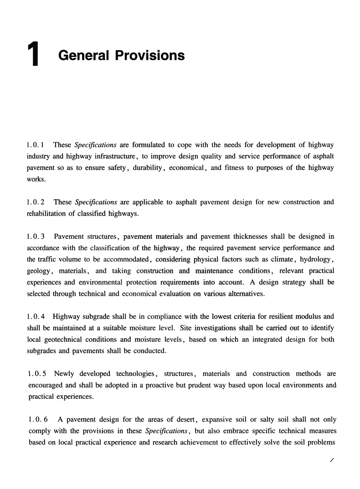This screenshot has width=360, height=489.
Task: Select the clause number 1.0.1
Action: point(36,145)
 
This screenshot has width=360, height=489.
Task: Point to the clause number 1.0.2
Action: point(36,202)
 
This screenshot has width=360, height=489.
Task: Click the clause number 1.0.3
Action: point(36,236)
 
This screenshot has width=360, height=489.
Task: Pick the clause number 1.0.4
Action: point(36,316)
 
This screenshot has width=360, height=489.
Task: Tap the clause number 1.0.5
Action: point(36,374)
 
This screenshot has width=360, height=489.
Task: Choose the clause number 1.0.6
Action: point(36,419)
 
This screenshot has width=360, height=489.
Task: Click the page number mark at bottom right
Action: point(332,461)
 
